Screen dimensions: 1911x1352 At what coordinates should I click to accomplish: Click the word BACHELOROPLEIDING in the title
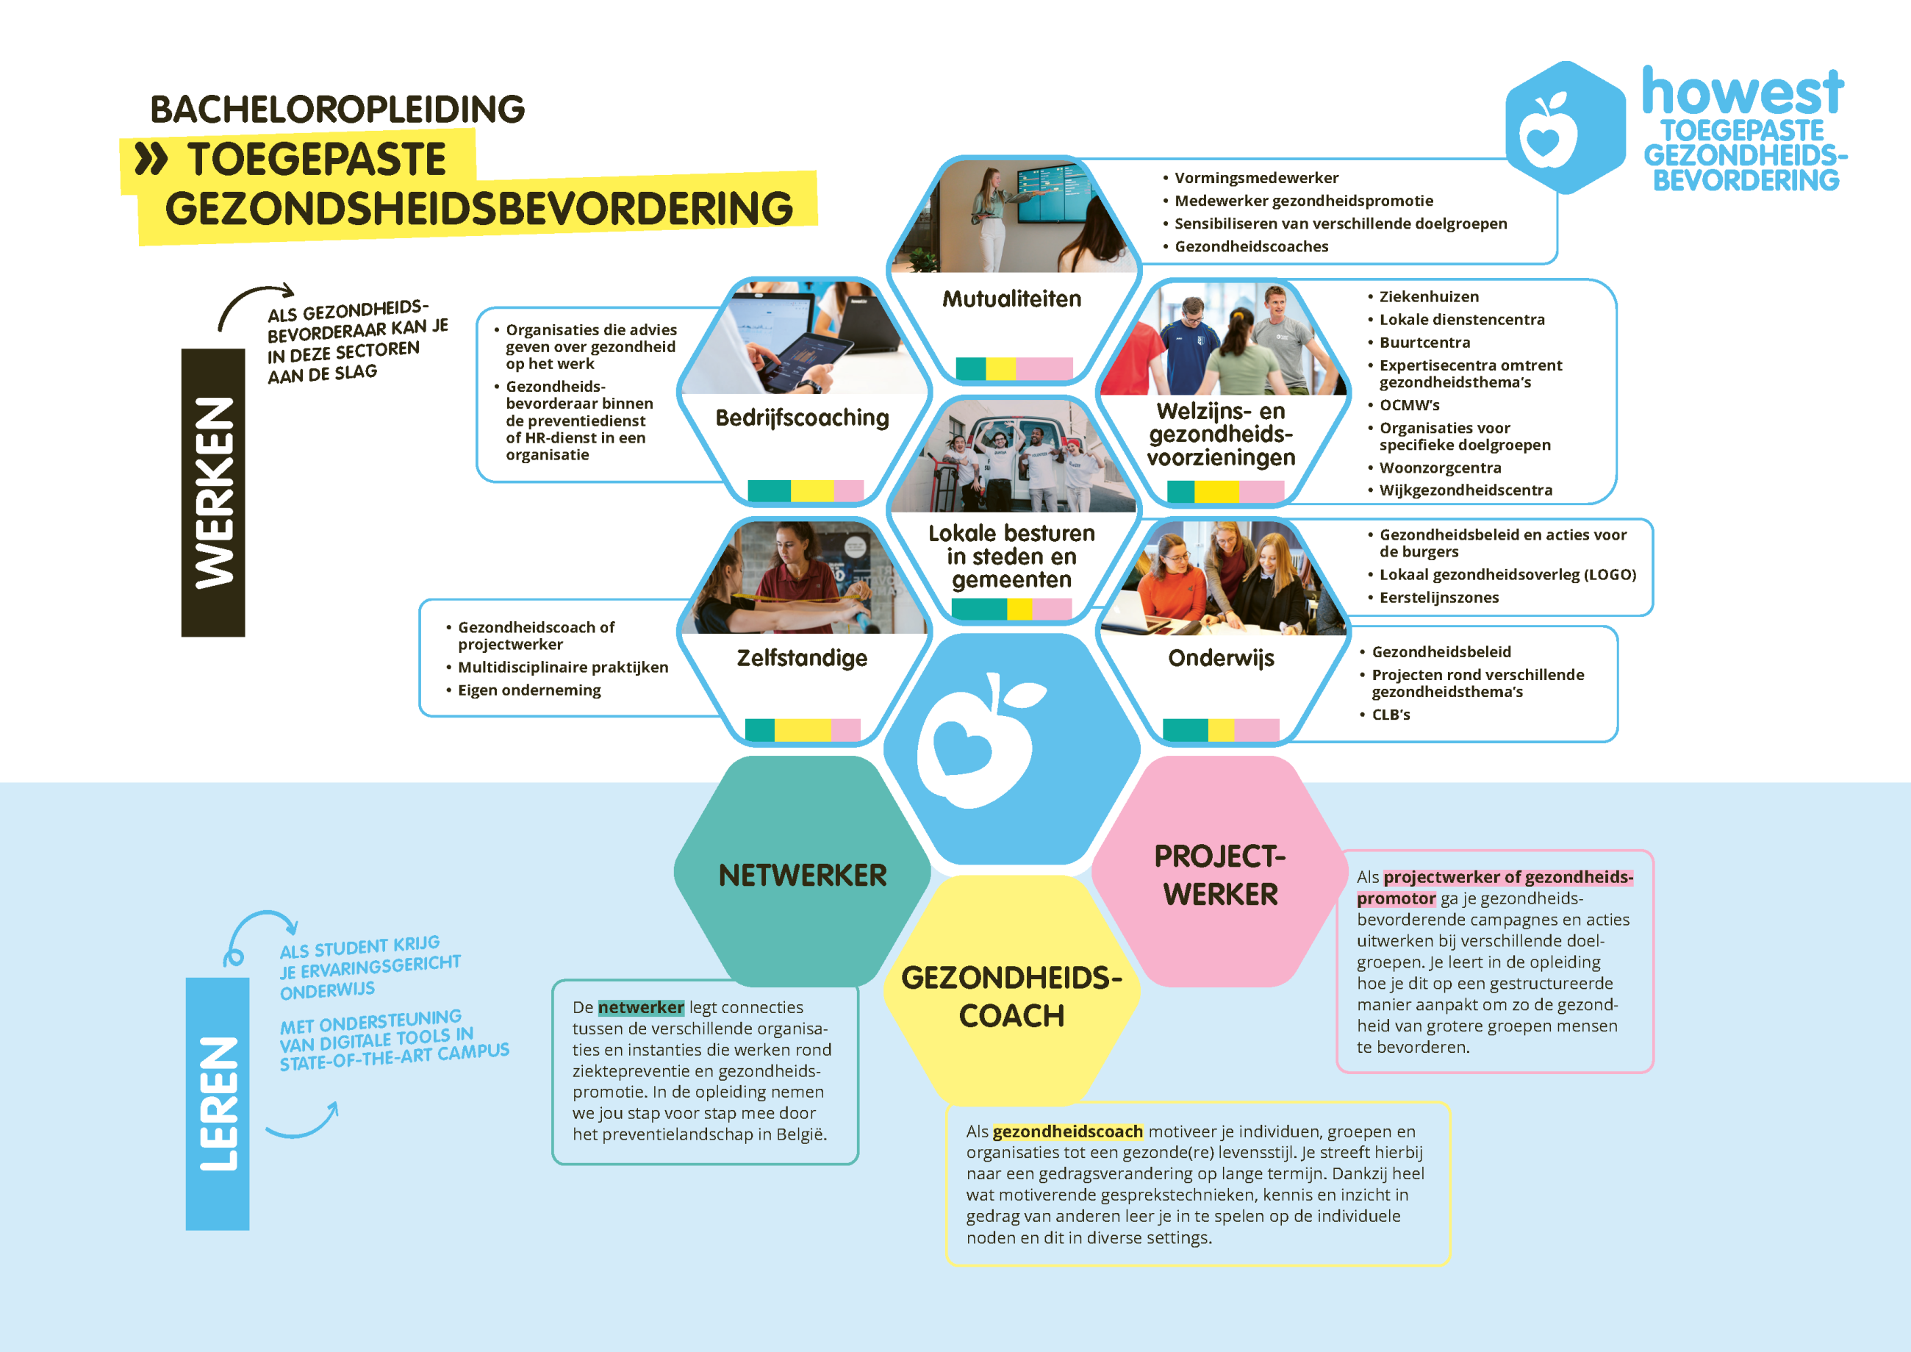pyautogui.click(x=337, y=109)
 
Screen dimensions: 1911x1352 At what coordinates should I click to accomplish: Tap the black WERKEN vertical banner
pyautogui.click(x=213, y=493)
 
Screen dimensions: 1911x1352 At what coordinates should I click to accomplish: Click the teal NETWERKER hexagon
pyautogui.click(x=803, y=872)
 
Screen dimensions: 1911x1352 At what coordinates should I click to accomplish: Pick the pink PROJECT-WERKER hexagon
pyautogui.click(x=1220, y=872)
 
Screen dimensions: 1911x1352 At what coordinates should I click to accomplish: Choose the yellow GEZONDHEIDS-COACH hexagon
pyautogui.click(x=1011, y=991)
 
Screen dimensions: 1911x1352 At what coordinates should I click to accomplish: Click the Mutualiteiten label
pyautogui.click(x=1011, y=299)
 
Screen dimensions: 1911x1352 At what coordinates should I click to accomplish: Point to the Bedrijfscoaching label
pyautogui.click(x=803, y=418)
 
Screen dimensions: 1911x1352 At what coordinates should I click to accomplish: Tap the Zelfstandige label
pyautogui.click(x=803, y=659)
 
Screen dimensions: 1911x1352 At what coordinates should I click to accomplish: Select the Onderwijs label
pyautogui.click(x=1221, y=659)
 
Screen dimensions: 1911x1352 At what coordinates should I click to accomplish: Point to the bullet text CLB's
pyautogui.click(x=1391, y=715)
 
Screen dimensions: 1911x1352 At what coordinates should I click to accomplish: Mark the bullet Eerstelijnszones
pyautogui.click(x=1439, y=598)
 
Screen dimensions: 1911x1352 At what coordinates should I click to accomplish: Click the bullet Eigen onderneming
pyautogui.click(x=529, y=690)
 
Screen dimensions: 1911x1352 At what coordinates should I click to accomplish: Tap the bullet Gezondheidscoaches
pyautogui.click(x=1251, y=246)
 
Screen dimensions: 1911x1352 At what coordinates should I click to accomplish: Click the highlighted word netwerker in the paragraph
pyautogui.click(x=641, y=1007)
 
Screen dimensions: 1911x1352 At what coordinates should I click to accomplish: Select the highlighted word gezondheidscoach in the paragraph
pyautogui.click(x=1068, y=1131)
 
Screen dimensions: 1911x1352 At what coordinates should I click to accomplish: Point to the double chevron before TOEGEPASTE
pyautogui.click(x=151, y=158)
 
